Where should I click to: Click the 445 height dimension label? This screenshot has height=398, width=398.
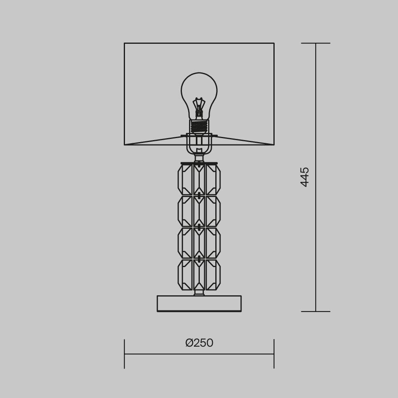[304, 177]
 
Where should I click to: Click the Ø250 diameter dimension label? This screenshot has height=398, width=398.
[199, 343]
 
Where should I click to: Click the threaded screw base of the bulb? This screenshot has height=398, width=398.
[199, 126]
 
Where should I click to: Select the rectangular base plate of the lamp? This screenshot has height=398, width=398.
[199, 303]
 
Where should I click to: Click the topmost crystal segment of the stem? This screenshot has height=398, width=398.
[199, 179]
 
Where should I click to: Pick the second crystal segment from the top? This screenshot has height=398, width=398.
[199, 211]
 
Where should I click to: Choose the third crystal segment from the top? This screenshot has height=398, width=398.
[199, 243]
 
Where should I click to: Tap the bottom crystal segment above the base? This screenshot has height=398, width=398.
[199, 275]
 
